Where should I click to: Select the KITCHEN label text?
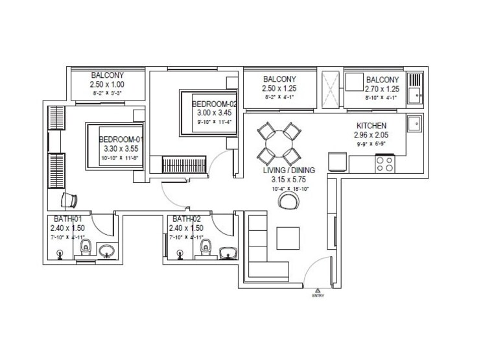pyautogui.click(x=371, y=126)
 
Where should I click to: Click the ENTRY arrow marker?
pyautogui.click(x=317, y=291)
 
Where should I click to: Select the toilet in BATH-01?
pyautogui.click(x=84, y=247)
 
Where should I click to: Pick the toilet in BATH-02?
pyautogui.click(x=206, y=247)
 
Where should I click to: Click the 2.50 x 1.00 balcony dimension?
pyautogui.click(x=107, y=84)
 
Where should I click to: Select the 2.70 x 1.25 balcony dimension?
pyautogui.click(x=382, y=89)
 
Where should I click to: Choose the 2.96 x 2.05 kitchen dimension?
pyautogui.click(x=371, y=135)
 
